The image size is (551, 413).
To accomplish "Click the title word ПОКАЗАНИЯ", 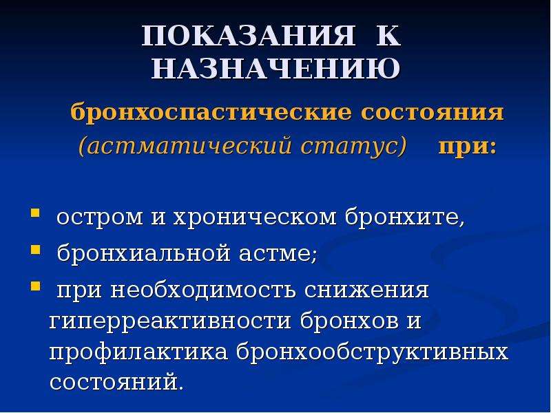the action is pyautogui.click(x=249, y=36).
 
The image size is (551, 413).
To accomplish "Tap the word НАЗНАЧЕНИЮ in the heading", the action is pyautogui.click(x=275, y=68).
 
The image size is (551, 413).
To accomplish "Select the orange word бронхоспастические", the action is pyautogui.click(x=211, y=113).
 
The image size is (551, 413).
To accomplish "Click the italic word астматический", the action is pyautogui.click(x=189, y=145).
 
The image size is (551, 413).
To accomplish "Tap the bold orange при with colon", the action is pyautogui.click(x=468, y=147).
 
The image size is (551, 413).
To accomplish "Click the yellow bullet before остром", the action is pyautogui.click(x=35, y=213).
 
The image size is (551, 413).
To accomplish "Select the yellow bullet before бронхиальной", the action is pyautogui.click(x=35, y=250).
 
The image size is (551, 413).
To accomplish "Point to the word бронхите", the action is pyautogui.click(x=405, y=217).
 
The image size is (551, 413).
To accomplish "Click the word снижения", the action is pyautogui.click(x=366, y=290).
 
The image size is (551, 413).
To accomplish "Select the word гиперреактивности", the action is pyautogui.click(x=170, y=322).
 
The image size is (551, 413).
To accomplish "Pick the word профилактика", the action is pyautogui.click(x=138, y=353).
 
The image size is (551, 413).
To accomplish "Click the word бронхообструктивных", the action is pyautogui.click(x=373, y=353).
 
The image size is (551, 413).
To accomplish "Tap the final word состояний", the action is pyautogui.click(x=116, y=382).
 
